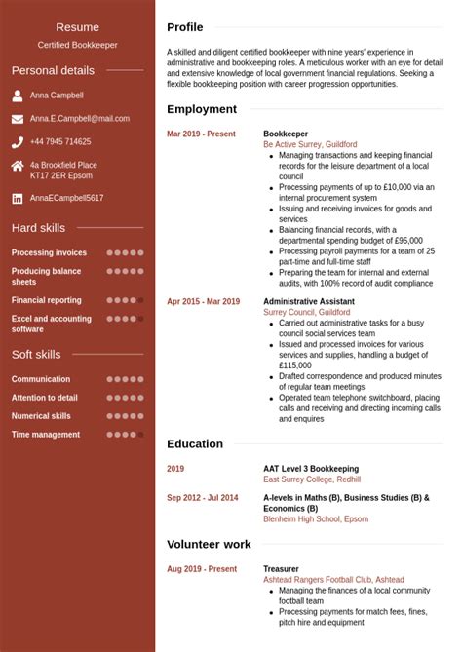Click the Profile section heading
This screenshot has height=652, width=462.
pos(185,27)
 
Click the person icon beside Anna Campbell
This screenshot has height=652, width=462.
pos(18,96)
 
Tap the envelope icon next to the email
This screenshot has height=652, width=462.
pos(18,119)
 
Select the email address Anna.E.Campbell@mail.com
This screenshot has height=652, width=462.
pos(79,119)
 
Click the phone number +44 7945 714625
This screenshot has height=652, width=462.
pos(60,142)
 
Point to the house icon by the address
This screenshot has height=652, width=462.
pos(18,166)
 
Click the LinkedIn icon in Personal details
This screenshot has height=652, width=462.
pos(18,198)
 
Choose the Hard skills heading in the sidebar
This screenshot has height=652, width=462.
pos(38,228)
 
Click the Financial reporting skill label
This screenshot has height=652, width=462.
pos(46,300)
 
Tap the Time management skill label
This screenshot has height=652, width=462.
pos(45,435)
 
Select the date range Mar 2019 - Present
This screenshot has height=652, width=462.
pos(201,134)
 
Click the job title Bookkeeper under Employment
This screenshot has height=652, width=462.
pos(285,134)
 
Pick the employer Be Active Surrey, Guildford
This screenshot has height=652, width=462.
pos(310,144)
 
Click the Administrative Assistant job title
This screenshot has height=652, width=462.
pos(308,302)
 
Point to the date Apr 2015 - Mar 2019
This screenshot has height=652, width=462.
pos(203,302)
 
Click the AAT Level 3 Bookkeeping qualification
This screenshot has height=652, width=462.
pos(310,469)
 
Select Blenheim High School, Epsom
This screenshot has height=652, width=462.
pos(316,519)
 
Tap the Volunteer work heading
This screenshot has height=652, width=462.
pos(209,545)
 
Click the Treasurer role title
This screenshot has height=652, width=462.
pos(281,569)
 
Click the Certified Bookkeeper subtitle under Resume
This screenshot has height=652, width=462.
pos(77,45)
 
